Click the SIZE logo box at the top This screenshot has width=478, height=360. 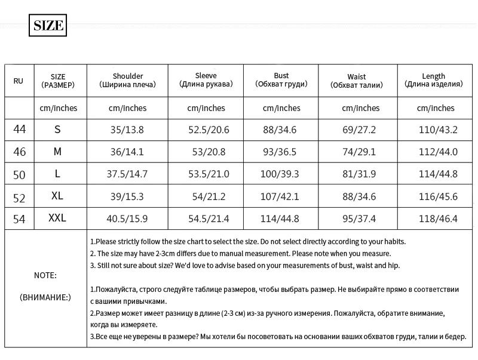click(47, 26)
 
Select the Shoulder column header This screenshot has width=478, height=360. click(127, 81)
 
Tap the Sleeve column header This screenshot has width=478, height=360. click(206, 80)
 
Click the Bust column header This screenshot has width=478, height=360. click(281, 80)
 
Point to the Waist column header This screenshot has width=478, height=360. click(357, 81)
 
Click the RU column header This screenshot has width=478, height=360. click(19, 81)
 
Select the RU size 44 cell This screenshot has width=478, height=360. click(20, 130)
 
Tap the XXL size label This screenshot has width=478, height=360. click(57, 219)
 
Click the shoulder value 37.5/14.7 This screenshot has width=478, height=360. click(127, 174)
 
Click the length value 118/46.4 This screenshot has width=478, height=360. click(438, 219)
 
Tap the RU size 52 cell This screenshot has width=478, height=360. click(20, 196)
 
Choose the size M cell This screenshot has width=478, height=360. click(57, 152)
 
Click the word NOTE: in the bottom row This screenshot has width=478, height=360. click(45, 275)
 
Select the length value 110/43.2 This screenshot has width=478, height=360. click(438, 130)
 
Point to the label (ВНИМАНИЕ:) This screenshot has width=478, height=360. click(45, 297)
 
